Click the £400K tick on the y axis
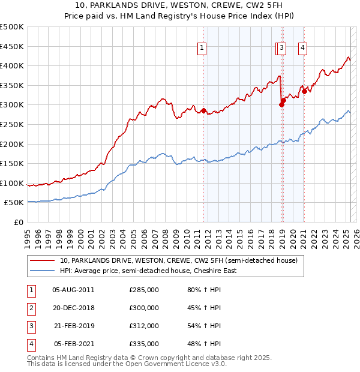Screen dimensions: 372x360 coord(12,65)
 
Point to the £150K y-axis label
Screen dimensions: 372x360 coord(12,163)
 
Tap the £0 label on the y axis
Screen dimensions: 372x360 coord(18,222)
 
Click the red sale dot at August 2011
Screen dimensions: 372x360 coord(203,110)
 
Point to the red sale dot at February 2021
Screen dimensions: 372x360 coord(304,91)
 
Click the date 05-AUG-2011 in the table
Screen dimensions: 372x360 coord(73,290)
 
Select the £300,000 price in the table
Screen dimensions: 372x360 coord(144,308)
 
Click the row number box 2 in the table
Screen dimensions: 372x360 coord(31,308)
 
